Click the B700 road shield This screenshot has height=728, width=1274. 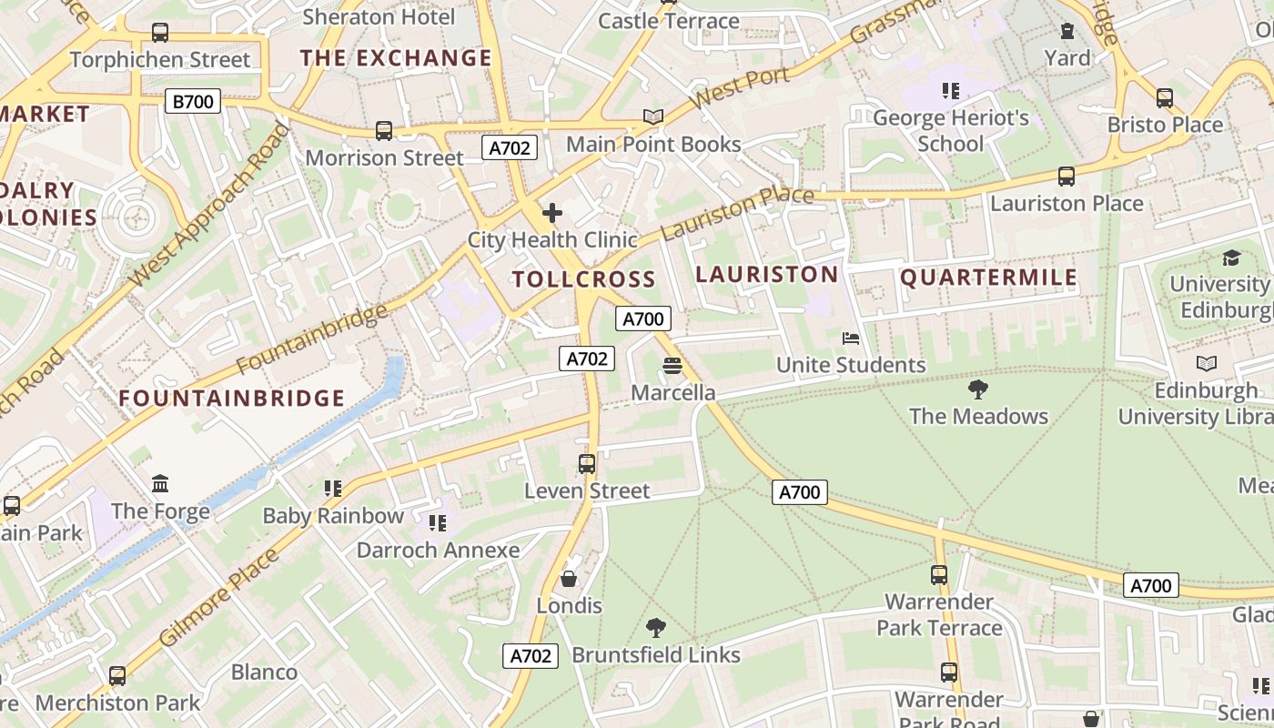coord(193,101)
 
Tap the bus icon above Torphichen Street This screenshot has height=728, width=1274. coord(160,33)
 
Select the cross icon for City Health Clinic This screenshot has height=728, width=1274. coord(551,214)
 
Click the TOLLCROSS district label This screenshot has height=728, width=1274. coord(583,279)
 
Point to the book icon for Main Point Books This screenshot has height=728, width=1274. coord(653,116)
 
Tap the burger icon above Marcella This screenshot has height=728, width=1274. coord(672,366)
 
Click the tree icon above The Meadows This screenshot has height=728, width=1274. coord(978,389)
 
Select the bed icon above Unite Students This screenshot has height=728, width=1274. coord(851,339)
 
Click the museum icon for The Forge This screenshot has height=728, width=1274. coord(160,483)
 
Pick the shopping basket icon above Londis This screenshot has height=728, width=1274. coord(569,579)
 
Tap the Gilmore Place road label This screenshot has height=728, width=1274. coord(218,598)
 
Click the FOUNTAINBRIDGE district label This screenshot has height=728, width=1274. coord(232,399)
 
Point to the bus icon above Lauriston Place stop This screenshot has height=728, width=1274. coord(1066,177)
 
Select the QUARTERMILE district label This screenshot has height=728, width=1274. coord(988,278)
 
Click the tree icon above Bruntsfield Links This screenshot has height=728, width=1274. coord(655,627)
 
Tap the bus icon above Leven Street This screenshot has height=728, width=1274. coord(587,464)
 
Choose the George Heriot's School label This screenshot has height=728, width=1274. coord(951,130)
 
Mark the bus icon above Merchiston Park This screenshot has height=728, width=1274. coord(117,676)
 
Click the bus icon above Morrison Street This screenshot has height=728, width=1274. coord(384,131)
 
